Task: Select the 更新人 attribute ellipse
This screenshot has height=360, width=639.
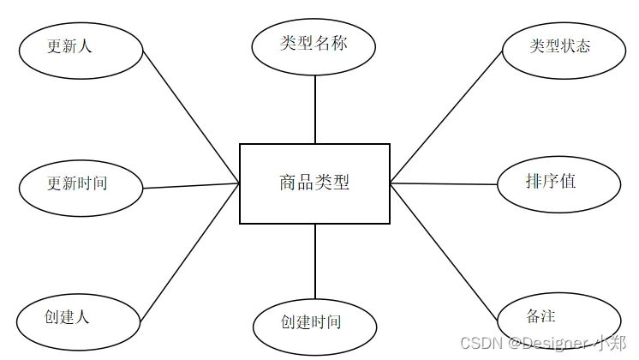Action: [81, 47]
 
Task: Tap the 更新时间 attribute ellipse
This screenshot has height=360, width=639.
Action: [81, 184]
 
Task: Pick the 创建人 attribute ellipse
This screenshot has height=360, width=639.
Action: [78, 318]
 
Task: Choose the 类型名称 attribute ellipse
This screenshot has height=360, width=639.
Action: [314, 44]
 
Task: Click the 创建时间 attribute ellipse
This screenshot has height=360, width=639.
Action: [314, 324]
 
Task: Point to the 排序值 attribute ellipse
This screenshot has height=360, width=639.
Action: [560, 183]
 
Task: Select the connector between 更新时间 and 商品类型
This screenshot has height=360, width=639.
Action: [191, 186]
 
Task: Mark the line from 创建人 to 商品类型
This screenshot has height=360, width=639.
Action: [189, 249]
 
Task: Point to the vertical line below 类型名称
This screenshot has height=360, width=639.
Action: [315, 109]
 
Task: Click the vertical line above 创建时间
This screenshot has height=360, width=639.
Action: [315, 263]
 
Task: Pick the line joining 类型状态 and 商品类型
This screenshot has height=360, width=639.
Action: [445, 116]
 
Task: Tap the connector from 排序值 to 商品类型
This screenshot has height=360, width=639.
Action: [444, 183]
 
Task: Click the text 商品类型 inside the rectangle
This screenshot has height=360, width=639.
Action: [314, 183]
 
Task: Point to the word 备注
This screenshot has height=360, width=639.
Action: [541, 315]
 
